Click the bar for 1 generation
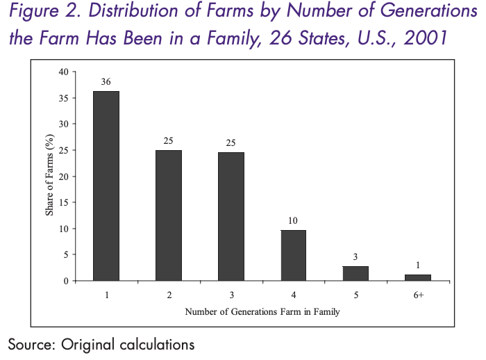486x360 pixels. [x=106, y=186]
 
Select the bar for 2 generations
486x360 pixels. [x=168, y=215]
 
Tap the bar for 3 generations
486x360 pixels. [x=231, y=216]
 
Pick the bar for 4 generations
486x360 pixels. [x=292, y=255]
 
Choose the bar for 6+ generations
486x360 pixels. [x=417, y=277]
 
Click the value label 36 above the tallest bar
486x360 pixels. [x=106, y=81]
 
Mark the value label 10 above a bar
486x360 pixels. [x=292, y=220]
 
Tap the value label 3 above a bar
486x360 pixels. [x=355, y=256]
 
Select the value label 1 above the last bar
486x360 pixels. [x=417, y=265]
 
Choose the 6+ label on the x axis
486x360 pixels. [x=417, y=295]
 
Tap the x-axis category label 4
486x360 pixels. [x=292, y=295]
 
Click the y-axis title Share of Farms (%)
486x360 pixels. [x=50, y=177]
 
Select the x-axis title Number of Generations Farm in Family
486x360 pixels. [x=262, y=312]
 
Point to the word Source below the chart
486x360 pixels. [x=31, y=344]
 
